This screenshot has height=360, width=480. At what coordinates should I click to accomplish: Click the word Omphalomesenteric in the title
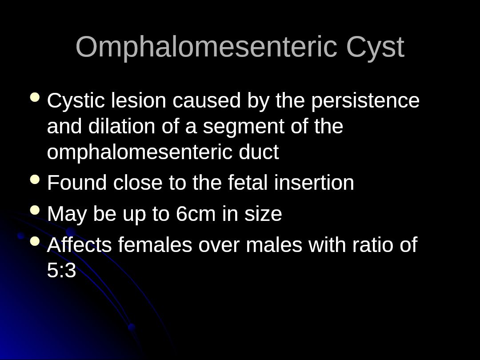tap(206, 47)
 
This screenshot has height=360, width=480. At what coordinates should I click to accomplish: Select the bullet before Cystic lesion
tap(35, 98)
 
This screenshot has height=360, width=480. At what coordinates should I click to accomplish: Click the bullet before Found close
tap(35, 180)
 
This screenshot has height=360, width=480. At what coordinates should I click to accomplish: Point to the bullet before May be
tap(35, 210)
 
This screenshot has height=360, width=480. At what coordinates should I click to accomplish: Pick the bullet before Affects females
tap(35, 241)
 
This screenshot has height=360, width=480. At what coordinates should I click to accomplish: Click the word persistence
tap(365, 101)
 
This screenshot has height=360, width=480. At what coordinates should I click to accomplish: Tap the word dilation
tap(121, 126)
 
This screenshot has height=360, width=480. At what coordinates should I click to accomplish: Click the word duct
tap(259, 152)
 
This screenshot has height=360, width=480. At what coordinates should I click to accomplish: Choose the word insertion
tap(314, 182)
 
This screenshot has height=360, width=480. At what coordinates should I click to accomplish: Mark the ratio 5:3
tap(61, 270)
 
